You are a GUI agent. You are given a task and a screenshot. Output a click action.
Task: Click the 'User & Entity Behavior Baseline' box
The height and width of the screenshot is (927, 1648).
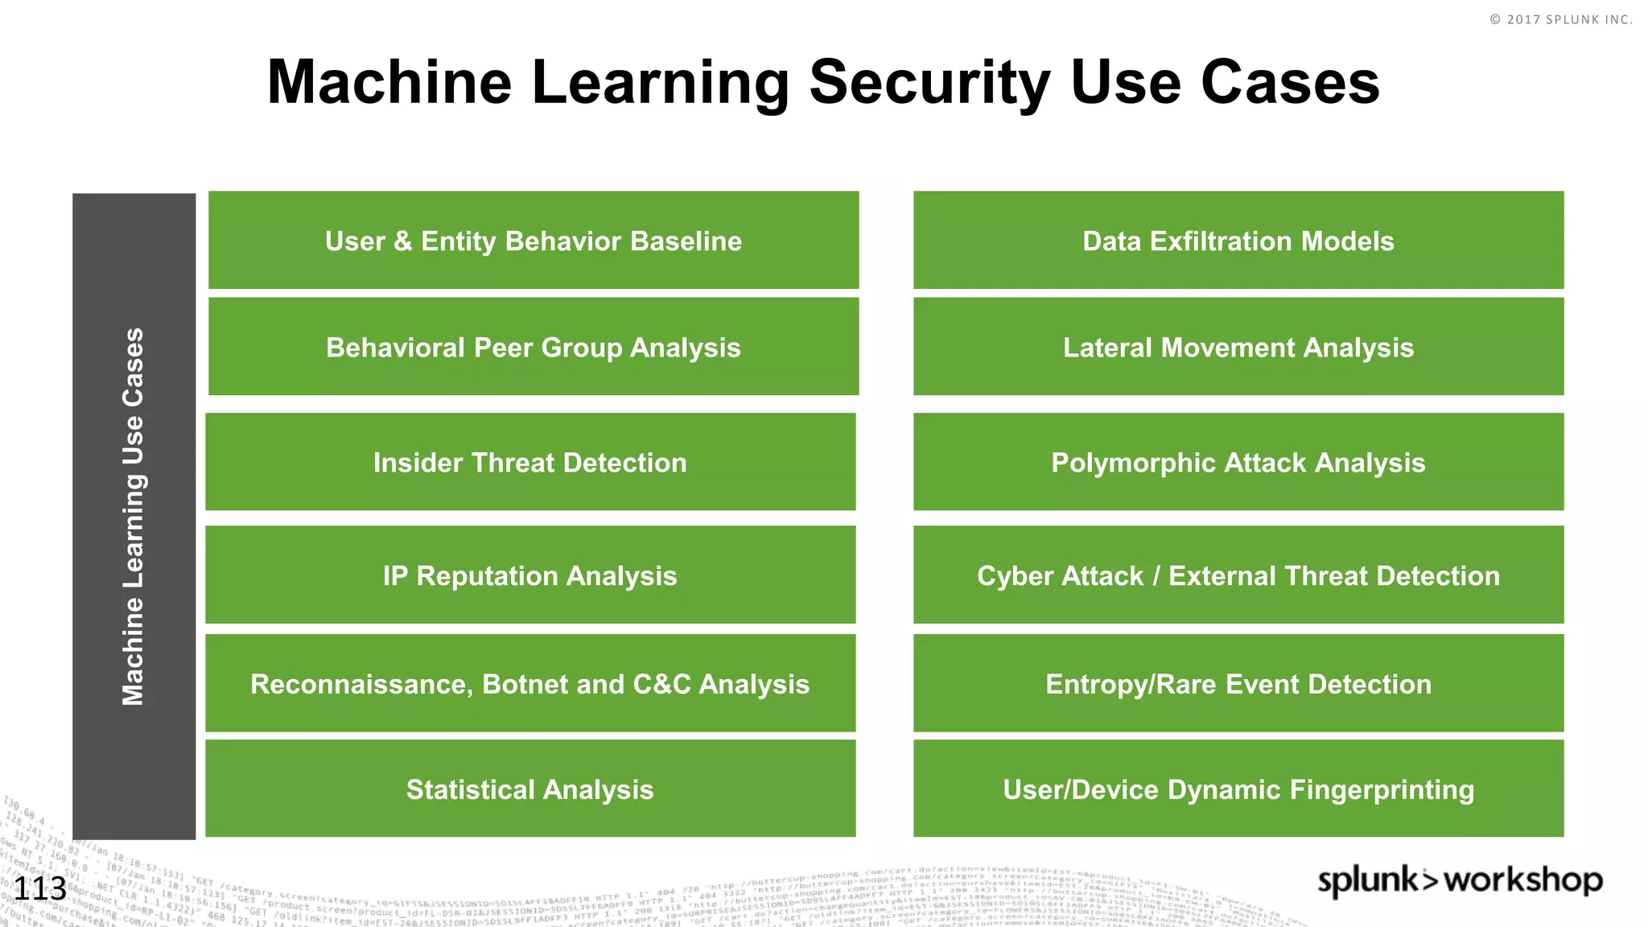point(534,240)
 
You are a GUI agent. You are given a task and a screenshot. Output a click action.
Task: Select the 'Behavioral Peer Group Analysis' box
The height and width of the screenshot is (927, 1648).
point(534,346)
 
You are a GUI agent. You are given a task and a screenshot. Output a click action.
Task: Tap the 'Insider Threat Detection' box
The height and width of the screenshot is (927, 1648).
point(530,462)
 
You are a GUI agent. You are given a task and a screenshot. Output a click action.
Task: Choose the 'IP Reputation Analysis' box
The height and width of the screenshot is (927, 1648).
point(530,575)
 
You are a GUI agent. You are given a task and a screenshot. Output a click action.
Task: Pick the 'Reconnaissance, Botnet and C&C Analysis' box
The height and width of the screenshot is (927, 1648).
point(530,683)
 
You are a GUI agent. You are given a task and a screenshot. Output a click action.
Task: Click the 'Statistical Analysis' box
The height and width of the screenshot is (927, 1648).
point(530,789)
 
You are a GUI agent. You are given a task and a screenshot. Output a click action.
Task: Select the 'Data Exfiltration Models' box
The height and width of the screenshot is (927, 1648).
point(1238,240)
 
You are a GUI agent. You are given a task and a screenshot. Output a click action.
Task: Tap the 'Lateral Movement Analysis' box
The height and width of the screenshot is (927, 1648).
point(1238,346)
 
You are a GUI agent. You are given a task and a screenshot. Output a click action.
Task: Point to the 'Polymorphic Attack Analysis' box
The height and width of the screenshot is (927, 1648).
point(1238,462)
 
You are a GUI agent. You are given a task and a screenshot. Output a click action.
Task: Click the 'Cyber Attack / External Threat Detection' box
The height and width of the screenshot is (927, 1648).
point(1238,575)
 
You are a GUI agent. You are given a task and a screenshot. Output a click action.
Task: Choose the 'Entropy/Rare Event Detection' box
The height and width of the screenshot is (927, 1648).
point(1238,683)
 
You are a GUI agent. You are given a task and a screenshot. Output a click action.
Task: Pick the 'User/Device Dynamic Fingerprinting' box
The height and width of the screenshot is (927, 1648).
point(1238,789)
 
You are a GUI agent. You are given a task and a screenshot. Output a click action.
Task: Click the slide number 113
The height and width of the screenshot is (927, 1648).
point(40,889)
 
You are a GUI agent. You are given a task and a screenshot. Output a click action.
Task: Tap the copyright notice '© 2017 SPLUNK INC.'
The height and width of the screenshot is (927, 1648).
point(1561,19)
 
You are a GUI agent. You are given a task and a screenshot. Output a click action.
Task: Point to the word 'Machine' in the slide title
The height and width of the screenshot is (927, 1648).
point(389,82)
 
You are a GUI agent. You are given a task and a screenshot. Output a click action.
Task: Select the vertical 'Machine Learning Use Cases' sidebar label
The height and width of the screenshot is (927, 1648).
point(134,517)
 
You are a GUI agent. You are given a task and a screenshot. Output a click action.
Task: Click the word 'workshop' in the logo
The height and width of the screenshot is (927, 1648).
point(1523,880)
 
